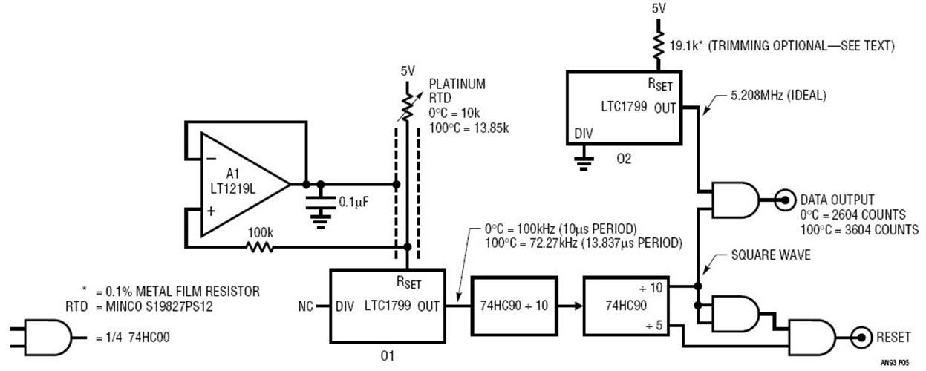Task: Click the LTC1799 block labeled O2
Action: [624, 107]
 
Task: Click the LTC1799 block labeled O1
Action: [387, 305]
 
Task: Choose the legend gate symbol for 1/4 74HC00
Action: [47, 338]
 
